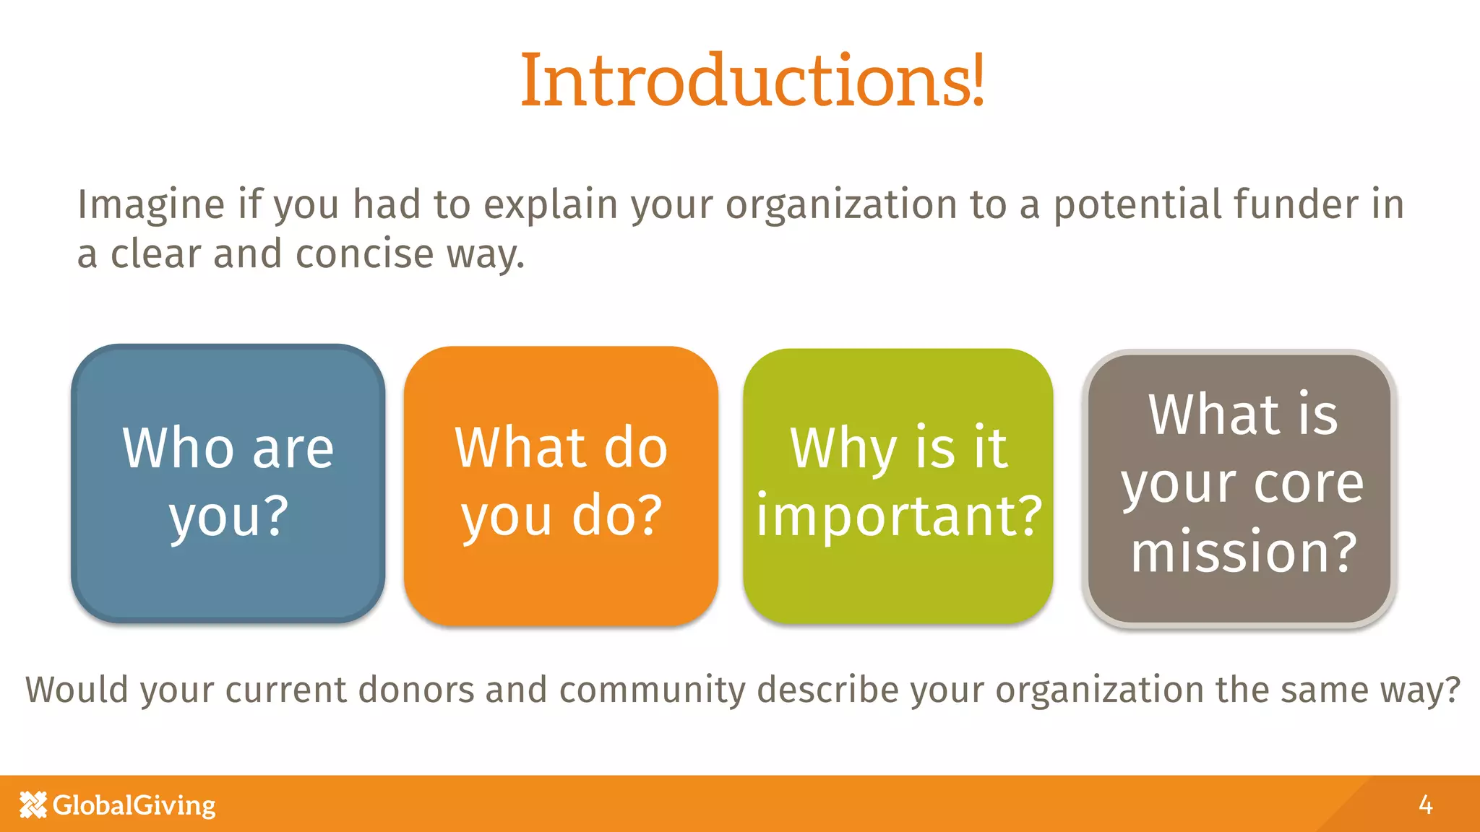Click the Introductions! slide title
pyautogui.click(x=752, y=80)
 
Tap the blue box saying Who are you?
pyautogui.click(x=228, y=483)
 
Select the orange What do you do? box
pyautogui.click(x=561, y=485)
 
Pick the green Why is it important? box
pyautogui.click(x=898, y=486)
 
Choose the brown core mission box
pyautogui.click(x=1240, y=488)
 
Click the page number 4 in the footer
pyautogui.click(x=1425, y=805)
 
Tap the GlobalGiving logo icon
pyautogui.click(x=33, y=805)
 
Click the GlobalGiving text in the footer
pyautogui.click(x=134, y=805)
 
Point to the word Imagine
pyautogui.click(x=151, y=205)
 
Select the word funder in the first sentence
pyautogui.click(x=1296, y=204)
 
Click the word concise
pyautogui.click(x=364, y=254)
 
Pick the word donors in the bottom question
pyautogui.click(x=416, y=689)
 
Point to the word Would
pyautogui.click(x=77, y=689)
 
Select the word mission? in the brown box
pyautogui.click(x=1243, y=552)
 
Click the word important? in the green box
pyautogui.click(x=899, y=517)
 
